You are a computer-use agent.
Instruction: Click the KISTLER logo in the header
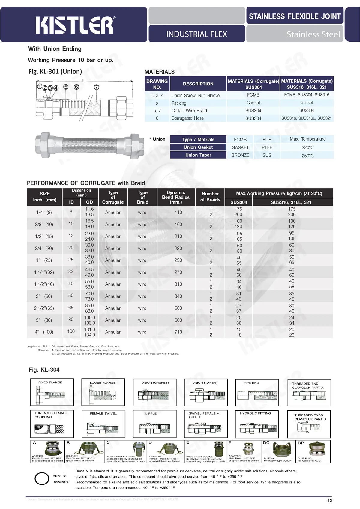(x=75, y=25)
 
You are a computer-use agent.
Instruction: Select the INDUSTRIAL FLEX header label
(x=196, y=34)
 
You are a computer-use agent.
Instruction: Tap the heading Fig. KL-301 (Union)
(x=55, y=72)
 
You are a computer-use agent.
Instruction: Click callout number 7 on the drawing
(x=96, y=87)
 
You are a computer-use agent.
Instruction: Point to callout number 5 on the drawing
(x=66, y=87)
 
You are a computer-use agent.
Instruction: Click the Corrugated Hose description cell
(x=187, y=118)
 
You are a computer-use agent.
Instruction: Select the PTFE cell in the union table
(x=267, y=147)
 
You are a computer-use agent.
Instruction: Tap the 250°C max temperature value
(x=307, y=156)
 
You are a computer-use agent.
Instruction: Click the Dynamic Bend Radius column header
(x=176, y=197)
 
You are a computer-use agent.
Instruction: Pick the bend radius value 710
(x=178, y=332)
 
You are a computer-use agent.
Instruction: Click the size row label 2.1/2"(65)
(x=44, y=308)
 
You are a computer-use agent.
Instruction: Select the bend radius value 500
(x=178, y=308)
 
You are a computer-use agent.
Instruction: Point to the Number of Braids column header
(x=210, y=197)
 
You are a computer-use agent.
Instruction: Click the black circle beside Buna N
(x=42, y=478)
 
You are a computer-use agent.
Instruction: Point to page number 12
(x=330, y=500)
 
